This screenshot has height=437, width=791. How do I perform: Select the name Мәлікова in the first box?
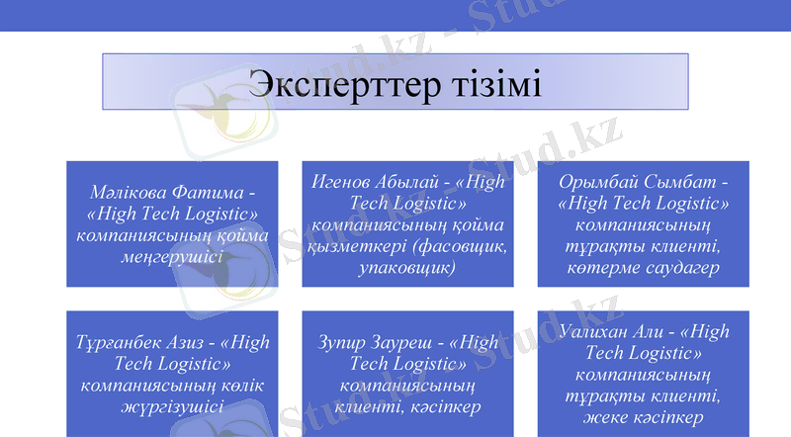click(x=124, y=190)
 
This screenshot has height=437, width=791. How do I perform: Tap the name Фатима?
click(x=204, y=190)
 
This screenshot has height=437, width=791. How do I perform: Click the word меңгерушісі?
click(x=172, y=257)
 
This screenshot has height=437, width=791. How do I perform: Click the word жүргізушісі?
click(x=172, y=405)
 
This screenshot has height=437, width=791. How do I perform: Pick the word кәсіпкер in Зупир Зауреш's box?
click(x=442, y=406)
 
